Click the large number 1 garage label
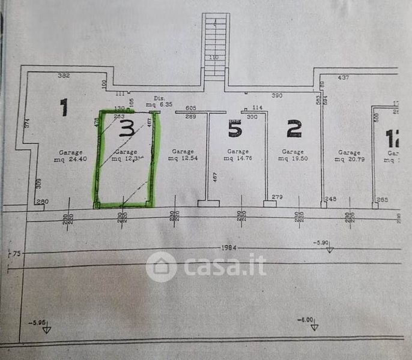(64, 108)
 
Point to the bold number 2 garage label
(294, 128)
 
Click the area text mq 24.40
(71, 159)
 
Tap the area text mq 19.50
(292, 159)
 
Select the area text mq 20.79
(349, 159)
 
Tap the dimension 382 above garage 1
(64, 76)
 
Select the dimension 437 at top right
(344, 77)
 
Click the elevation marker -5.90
(323, 243)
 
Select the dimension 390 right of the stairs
(277, 95)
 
